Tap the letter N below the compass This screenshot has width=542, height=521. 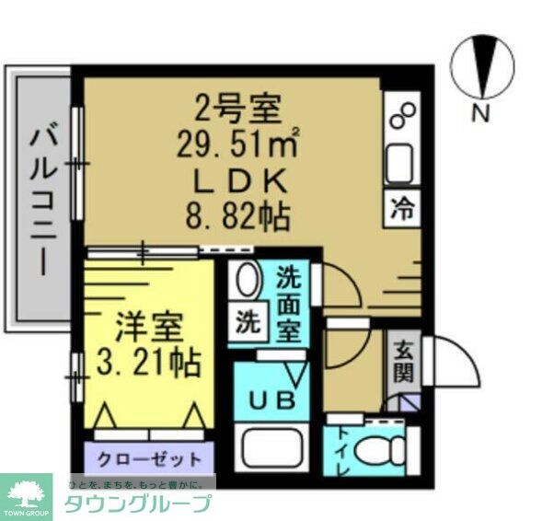[480, 114]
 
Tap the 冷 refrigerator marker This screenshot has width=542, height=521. [402, 208]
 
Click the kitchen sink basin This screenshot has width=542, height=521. [401, 164]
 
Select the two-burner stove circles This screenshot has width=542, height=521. [402, 117]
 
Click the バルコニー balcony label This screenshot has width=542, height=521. [44, 202]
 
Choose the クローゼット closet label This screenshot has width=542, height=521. [148, 457]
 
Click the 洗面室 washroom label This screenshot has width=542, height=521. [290, 303]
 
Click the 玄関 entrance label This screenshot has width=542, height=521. [403, 363]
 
